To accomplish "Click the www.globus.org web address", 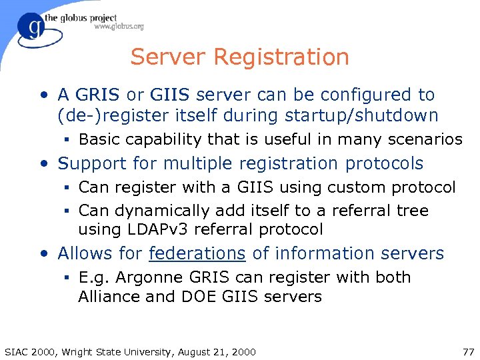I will pos(119,27).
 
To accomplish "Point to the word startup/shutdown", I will pos(361,115).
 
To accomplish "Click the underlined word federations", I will pos(197,254).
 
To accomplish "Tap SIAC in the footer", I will pos(17,351).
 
